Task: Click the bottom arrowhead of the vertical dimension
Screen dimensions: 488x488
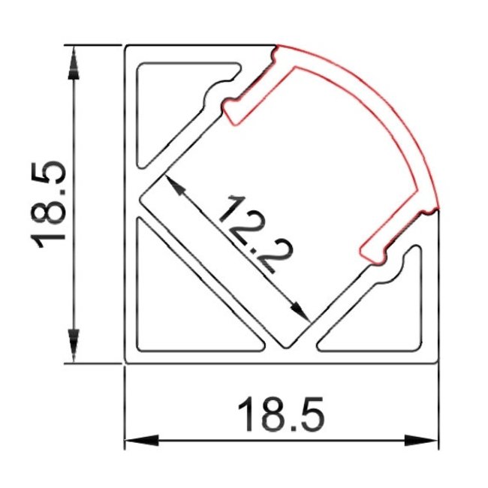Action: click(x=73, y=346)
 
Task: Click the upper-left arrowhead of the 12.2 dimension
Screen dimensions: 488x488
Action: click(x=173, y=185)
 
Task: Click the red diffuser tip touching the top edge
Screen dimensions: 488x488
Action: click(x=276, y=48)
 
